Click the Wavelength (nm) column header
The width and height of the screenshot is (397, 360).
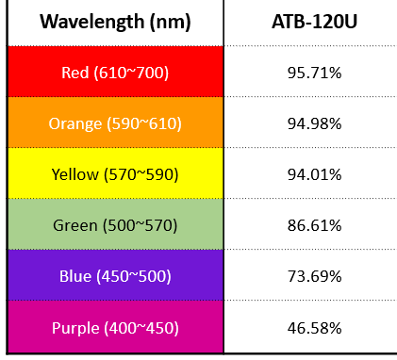coord(115,22)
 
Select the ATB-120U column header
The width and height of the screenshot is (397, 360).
coord(314,22)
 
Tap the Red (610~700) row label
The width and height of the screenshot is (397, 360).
coord(115,73)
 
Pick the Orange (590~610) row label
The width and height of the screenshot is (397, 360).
coord(115,123)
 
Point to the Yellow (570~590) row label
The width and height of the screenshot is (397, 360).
coord(115,174)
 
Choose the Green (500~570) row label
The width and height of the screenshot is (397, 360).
coord(115,225)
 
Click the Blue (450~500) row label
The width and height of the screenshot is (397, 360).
coord(115,276)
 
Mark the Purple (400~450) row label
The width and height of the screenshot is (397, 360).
coord(115,328)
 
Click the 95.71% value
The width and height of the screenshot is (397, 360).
coord(314,73)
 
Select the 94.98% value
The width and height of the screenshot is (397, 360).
coord(314,123)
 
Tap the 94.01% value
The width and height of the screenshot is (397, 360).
coord(314,174)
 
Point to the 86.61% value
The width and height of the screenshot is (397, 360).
coord(314,225)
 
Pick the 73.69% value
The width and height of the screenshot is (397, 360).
coord(314,276)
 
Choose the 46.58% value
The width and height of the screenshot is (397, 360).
coord(314,328)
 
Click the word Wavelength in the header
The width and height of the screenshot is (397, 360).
coord(92,22)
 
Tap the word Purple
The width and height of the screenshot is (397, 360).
coord(75,328)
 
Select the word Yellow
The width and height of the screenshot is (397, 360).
coord(75,174)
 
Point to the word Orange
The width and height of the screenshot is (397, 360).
coord(75,124)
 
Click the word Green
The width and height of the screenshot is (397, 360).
coord(75,225)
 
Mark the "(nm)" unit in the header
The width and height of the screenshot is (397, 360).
coord(171,22)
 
